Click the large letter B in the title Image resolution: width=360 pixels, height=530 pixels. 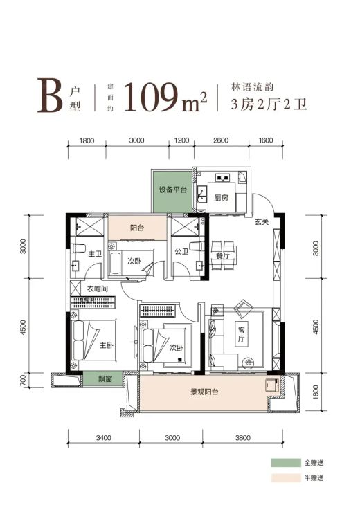(50, 95)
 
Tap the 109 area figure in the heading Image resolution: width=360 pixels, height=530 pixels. (152, 97)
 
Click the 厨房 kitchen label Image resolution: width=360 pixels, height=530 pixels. (222, 197)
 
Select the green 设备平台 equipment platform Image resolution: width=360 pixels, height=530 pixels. (172, 192)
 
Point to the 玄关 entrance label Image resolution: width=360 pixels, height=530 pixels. (262, 222)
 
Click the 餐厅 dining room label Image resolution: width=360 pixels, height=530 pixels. (223, 255)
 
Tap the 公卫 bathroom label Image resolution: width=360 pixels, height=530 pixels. (181, 251)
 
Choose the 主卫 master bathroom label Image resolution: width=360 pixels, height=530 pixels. (95, 253)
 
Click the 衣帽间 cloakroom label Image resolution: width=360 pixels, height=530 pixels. (98, 289)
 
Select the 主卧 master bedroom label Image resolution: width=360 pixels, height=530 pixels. (106, 345)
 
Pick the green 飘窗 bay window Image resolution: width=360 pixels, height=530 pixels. (103, 378)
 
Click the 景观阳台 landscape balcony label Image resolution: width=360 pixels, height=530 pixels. (205, 392)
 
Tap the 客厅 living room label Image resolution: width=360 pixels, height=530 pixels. (241, 334)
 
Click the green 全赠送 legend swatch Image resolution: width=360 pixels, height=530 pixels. (286, 462)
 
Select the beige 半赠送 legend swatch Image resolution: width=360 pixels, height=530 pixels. (286, 478)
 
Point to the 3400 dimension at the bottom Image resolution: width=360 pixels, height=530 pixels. (104, 438)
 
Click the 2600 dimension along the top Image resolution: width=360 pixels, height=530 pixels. (221, 140)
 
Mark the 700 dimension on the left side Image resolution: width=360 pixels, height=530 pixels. (23, 381)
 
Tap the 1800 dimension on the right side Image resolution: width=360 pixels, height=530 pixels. (316, 392)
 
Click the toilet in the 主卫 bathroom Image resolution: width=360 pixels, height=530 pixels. (78, 249)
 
